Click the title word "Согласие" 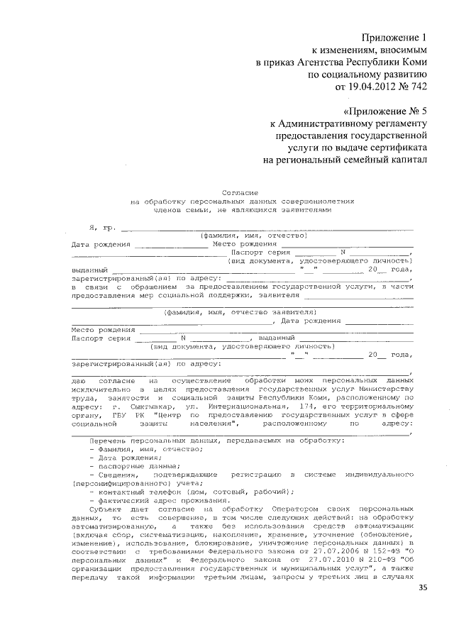240,192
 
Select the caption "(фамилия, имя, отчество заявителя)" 239,311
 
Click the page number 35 423,588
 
